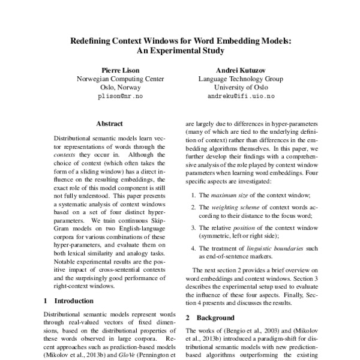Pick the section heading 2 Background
pos(209,317)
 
